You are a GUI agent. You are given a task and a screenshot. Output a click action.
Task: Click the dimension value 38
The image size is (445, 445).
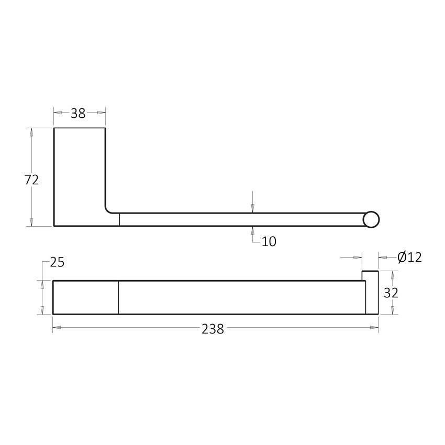point(78,113)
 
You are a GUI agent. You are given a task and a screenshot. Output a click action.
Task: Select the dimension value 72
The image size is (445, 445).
point(31,180)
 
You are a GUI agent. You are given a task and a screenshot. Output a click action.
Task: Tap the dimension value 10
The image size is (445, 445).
point(269,241)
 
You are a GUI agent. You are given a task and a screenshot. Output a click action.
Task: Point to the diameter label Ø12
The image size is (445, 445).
point(409,257)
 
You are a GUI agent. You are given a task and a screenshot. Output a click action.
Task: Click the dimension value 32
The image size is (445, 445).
point(391,293)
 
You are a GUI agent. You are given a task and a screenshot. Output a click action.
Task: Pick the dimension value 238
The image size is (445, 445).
point(213,329)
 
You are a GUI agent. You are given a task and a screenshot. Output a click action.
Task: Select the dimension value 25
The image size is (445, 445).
point(57,262)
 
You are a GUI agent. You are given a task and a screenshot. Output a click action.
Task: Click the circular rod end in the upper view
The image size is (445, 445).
point(371,219)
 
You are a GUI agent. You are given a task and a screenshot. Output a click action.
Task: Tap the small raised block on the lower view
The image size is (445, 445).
point(370,276)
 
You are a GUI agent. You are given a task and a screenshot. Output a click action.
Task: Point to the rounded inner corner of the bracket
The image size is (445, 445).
point(109,209)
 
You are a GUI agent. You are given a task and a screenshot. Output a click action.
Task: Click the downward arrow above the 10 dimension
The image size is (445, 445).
point(252,208)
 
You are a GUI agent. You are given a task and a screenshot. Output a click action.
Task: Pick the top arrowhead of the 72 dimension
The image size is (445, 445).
point(31,132)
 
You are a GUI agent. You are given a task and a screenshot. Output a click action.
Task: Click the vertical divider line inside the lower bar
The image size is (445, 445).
point(119,297)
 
